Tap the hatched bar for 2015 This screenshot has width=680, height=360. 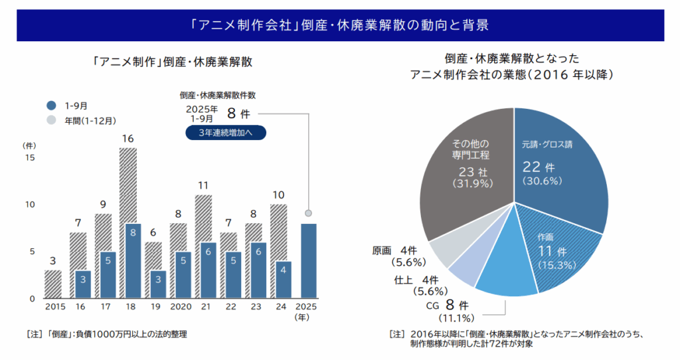click(x=53, y=284)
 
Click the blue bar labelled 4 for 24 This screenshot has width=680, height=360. click(x=284, y=280)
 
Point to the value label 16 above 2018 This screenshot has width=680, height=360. click(x=128, y=139)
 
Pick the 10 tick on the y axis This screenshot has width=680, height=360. click(x=29, y=205)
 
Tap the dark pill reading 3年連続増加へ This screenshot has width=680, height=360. click(x=226, y=133)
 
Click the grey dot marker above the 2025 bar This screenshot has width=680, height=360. click(x=308, y=213)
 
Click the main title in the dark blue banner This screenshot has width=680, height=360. click(x=339, y=25)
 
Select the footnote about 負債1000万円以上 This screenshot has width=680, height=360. click(x=106, y=334)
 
